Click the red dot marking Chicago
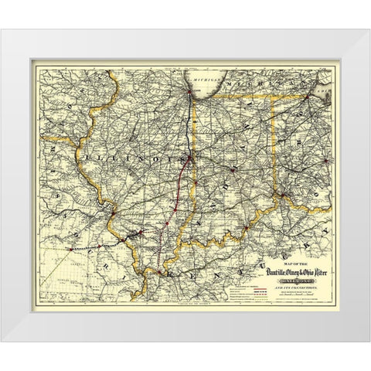point(188,95)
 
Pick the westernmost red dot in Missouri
point(72,250)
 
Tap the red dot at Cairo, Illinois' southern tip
point(158,274)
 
